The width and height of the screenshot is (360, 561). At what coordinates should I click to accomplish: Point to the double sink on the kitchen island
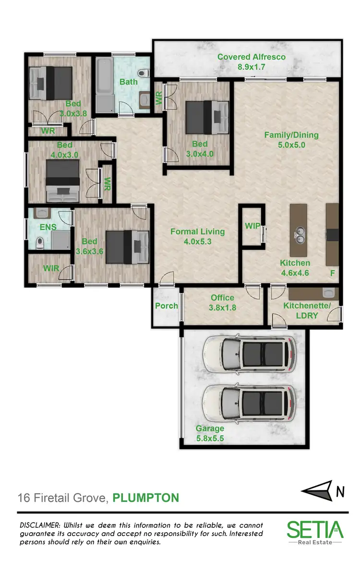coord(300,234)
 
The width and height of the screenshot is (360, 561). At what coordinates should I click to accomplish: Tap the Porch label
coord(167,305)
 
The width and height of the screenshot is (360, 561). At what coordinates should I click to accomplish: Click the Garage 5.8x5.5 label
coord(210,433)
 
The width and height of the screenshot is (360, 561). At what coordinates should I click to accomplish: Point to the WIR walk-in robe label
coord(51,268)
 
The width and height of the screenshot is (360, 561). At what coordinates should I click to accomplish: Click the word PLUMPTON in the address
coord(145,498)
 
